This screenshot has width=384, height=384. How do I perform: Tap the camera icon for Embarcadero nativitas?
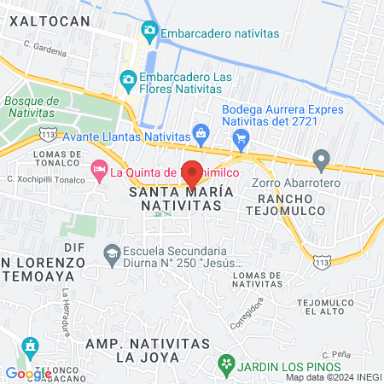(x=150, y=33)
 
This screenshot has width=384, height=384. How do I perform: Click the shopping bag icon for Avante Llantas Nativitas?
(x=201, y=132)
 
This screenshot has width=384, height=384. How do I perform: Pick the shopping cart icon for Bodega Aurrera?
(x=242, y=138)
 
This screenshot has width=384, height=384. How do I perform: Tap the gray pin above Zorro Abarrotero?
(x=321, y=160)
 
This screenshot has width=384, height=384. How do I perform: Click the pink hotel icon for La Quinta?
(x=99, y=172)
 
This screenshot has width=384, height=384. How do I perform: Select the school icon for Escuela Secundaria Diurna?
(x=112, y=253)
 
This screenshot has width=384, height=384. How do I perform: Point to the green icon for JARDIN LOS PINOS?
(x=226, y=366)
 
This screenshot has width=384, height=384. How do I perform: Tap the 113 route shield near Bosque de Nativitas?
(x=47, y=134)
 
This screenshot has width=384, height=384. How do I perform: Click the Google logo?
(x=28, y=373)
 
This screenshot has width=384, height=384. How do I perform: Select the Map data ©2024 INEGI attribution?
(x=334, y=377)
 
